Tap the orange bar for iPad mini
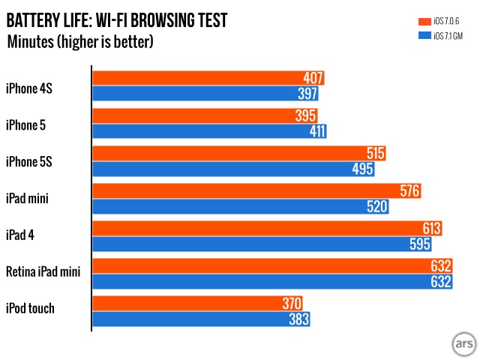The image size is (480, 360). click(x=255, y=191)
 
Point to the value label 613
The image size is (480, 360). click(x=430, y=229)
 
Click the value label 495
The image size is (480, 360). click(x=362, y=169)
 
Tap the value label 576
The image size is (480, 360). click(x=409, y=191)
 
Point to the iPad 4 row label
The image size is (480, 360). click(x=22, y=235)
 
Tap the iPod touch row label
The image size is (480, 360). click(x=30, y=307)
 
